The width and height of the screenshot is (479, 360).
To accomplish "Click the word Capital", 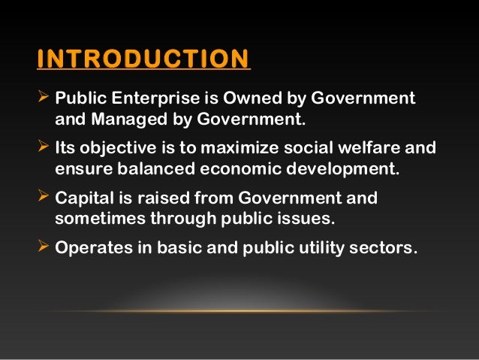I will point(83,198).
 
